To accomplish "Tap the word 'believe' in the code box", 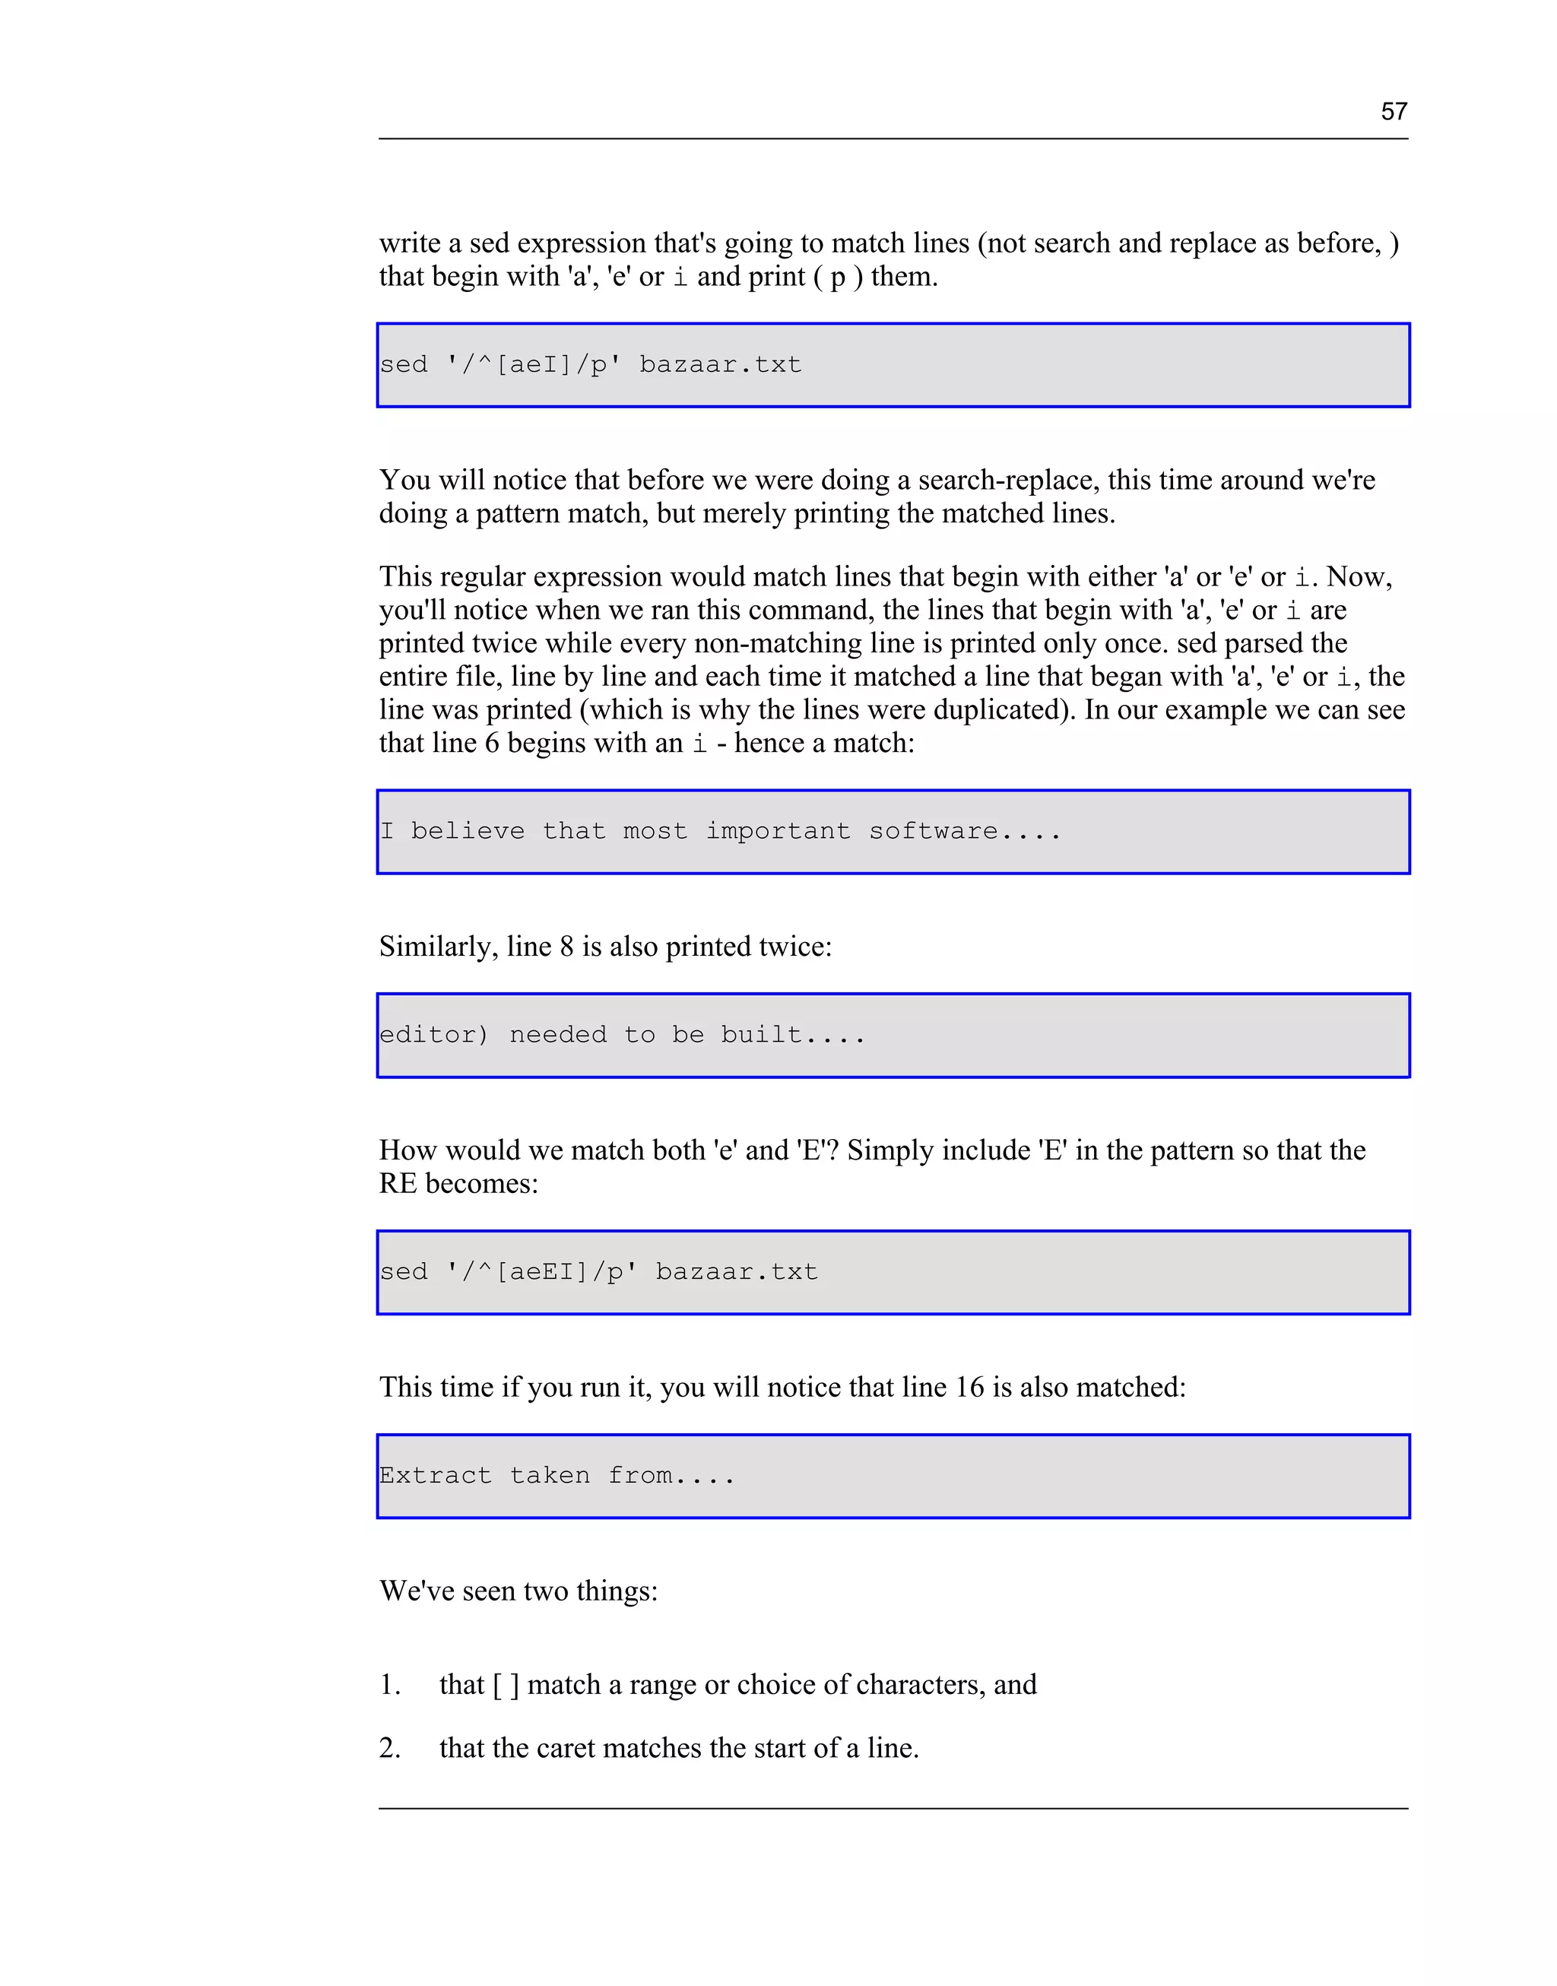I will click(468, 831).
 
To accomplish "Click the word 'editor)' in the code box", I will click(434, 1035).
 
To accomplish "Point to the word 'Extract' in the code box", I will click(435, 1475).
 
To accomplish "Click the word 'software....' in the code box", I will click(965, 831).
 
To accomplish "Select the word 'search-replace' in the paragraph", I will click(1008, 481).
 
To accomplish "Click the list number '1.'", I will click(390, 1684).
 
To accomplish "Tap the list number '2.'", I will click(390, 1747).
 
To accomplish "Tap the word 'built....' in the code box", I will click(792, 1035).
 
